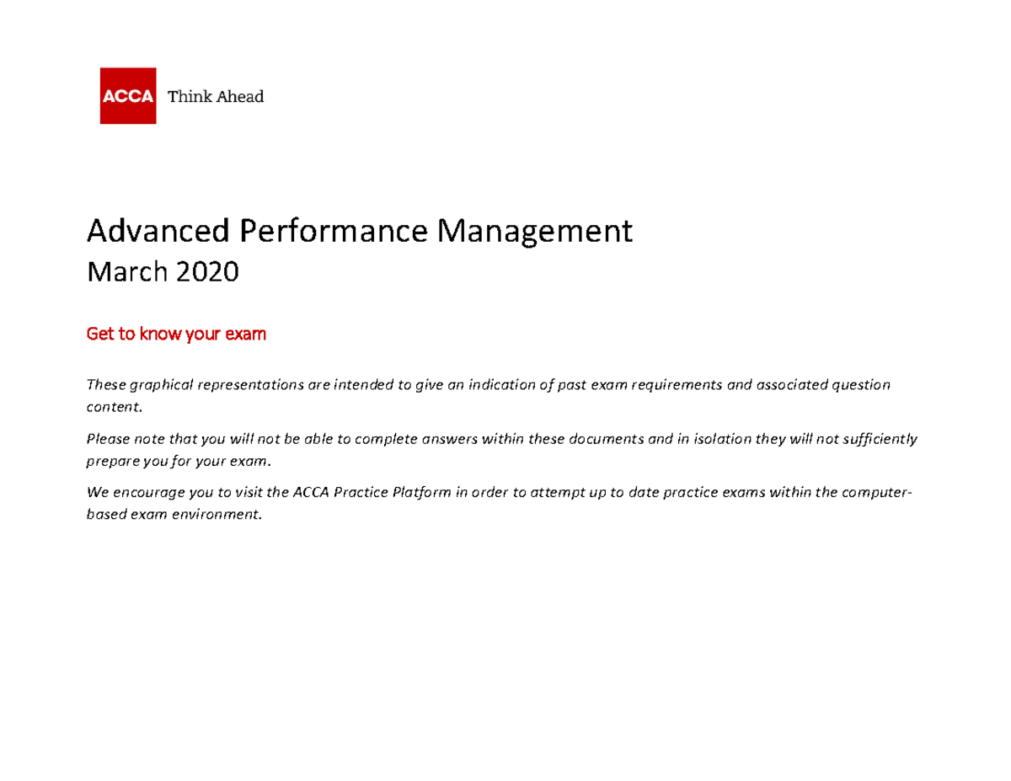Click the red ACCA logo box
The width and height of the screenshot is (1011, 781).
tap(127, 95)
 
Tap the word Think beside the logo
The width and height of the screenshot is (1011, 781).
tap(186, 96)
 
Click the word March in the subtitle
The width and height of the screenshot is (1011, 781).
tap(120, 271)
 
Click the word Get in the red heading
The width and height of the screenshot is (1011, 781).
tap(99, 334)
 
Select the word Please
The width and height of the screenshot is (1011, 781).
tap(106, 439)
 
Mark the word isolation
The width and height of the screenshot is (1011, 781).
tap(723, 439)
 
